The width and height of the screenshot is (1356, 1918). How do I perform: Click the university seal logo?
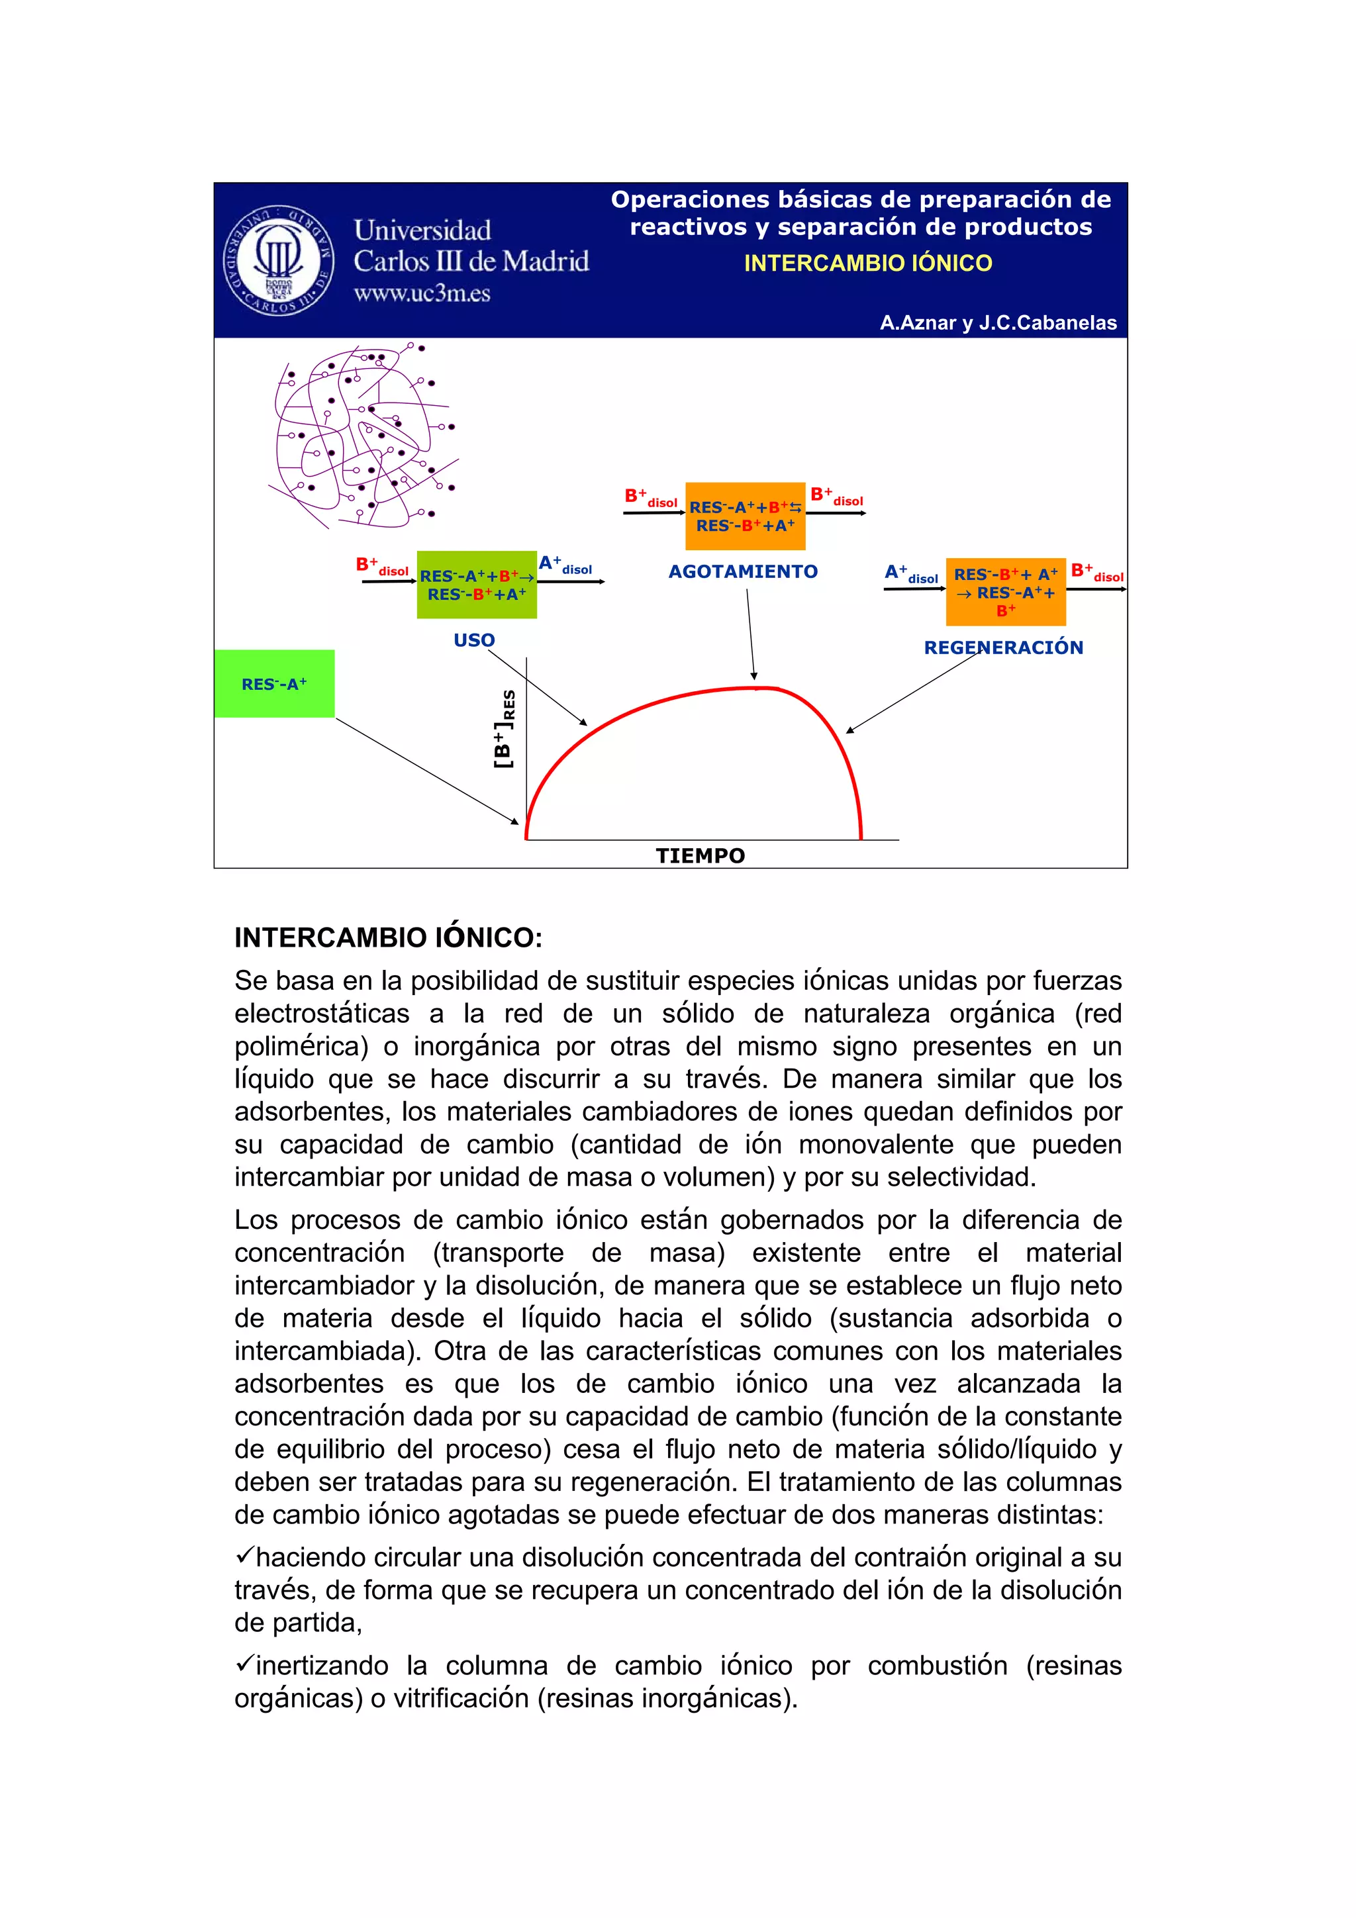pyautogui.click(x=278, y=260)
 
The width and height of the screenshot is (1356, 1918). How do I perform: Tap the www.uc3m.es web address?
pyautogui.click(x=421, y=293)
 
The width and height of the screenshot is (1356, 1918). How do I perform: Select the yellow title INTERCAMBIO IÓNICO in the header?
pyautogui.click(x=867, y=263)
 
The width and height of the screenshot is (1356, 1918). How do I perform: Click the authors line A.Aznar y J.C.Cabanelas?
pyautogui.click(x=998, y=323)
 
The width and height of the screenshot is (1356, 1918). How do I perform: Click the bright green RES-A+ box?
pyautogui.click(x=274, y=684)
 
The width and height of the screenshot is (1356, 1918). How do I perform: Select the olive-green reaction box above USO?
pyautogui.click(x=476, y=585)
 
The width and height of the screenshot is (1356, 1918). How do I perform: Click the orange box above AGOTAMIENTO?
pyautogui.click(x=744, y=516)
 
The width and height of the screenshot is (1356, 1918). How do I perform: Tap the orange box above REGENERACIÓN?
pyautogui.click(x=1005, y=591)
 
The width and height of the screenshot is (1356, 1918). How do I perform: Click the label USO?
pyautogui.click(x=473, y=640)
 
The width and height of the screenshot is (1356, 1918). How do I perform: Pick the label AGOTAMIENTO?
pyautogui.click(x=743, y=571)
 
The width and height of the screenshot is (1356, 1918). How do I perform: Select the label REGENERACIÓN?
pyautogui.click(x=1002, y=647)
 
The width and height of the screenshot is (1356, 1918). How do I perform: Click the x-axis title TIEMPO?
pyautogui.click(x=700, y=855)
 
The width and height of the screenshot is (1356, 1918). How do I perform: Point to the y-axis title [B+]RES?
pyautogui.click(x=505, y=728)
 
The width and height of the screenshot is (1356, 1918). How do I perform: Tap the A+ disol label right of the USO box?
pyautogui.click(x=565, y=565)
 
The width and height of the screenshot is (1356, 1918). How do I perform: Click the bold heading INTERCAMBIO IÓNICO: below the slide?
pyautogui.click(x=389, y=937)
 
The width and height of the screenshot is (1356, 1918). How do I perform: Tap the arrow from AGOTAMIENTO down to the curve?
pyautogui.click(x=750, y=635)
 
